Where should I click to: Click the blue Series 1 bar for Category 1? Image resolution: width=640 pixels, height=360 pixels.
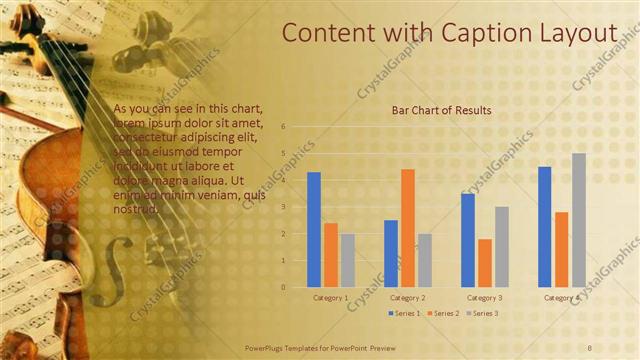tap(314, 230)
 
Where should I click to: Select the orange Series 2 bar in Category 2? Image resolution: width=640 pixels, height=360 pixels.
tap(407, 228)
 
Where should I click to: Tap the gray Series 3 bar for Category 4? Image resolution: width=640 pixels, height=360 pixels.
tap(579, 220)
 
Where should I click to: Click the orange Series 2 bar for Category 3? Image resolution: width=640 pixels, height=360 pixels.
tap(485, 263)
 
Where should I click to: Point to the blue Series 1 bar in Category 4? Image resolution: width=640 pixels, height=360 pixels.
tap(545, 227)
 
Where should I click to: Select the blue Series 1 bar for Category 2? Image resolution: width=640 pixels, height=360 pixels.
tap(390, 253)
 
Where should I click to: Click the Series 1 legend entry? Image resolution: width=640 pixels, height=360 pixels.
tap(404, 314)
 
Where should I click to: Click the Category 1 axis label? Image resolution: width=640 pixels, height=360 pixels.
tap(331, 297)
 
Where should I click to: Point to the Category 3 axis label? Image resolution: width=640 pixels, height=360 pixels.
tap(485, 297)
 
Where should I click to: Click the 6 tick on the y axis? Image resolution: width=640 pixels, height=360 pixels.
tap(284, 127)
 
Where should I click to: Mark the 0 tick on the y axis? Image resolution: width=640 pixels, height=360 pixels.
tap(284, 287)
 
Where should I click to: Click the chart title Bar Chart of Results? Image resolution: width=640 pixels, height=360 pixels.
tap(440, 110)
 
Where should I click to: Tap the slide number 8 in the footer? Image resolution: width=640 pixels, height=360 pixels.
tap(589, 346)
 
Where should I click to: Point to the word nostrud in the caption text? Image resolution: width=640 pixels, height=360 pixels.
tap(136, 209)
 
